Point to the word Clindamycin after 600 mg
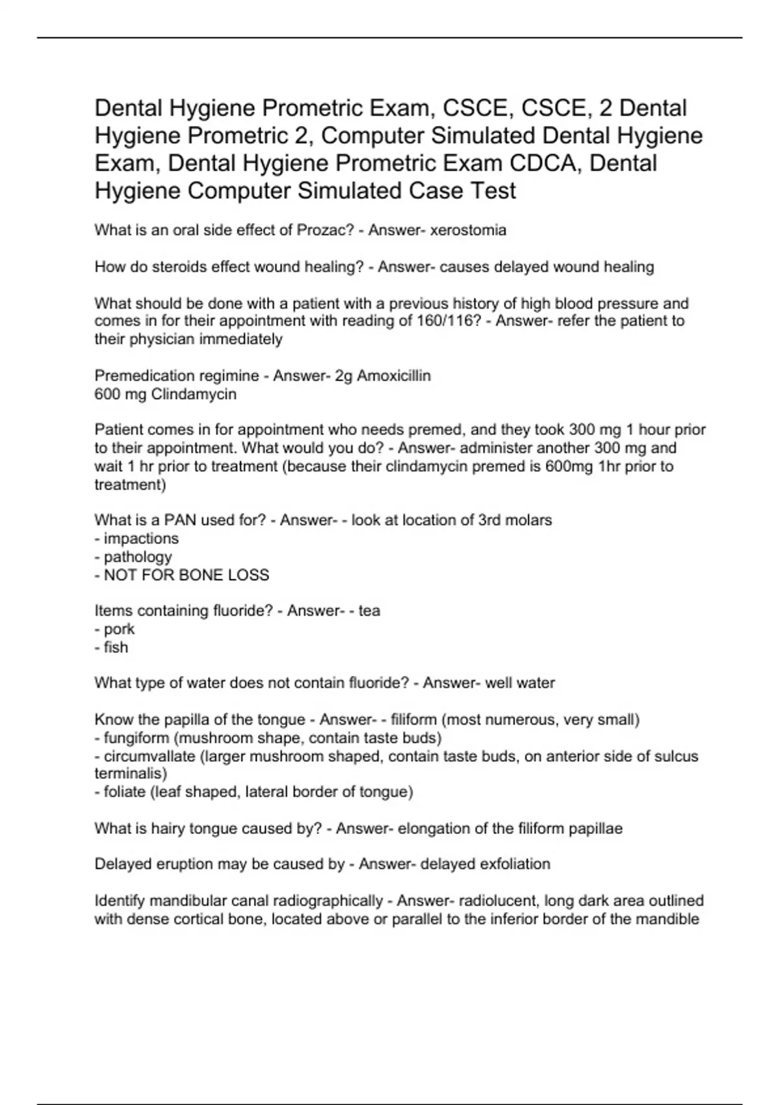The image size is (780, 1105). point(194,394)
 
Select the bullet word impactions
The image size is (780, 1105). point(141,538)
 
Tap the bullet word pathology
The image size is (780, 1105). point(138,556)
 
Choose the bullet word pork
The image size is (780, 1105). point(119,629)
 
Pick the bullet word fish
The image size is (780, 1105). point(116,647)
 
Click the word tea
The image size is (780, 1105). point(369,611)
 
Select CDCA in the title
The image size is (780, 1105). point(546,163)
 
